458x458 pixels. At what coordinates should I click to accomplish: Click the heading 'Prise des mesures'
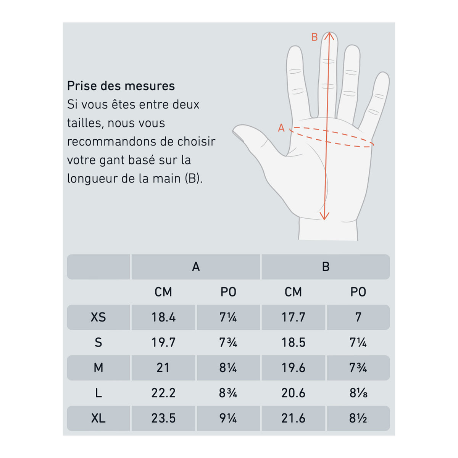pyautogui.click(x=121, y=86)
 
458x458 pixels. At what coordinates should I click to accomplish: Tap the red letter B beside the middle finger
pyautogui.click(x=314, y=37)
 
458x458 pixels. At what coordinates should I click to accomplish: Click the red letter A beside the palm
pyautogui.click(x=281, y=128)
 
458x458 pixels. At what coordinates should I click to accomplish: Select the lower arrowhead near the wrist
pyautogui.click(x=324, y=218)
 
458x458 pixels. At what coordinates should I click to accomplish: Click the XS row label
pyautogui.click(x=98, y=317)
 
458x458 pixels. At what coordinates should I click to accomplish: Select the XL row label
pyautogui.click(x=98, y=418)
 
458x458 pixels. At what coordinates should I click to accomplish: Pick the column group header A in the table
pyautogui.click(x=196, y=267)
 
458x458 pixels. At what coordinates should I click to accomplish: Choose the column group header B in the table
pyautogui.click(x=326, y=267)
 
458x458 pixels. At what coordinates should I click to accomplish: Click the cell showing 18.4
pyautogui.click(x=163, y=317)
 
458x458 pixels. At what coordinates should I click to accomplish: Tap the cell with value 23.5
pyautogui.click(x=163, y=418)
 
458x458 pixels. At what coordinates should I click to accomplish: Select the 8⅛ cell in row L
pyautogui.click(x=358, y=393)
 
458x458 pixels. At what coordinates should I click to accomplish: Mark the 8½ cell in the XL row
pyautogui.click(x=358, y=418)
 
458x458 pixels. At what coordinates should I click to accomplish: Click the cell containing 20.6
pyautogui.click(x=293, y=393)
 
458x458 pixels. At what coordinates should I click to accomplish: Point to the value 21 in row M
pyautogui.click(x=163, y=368)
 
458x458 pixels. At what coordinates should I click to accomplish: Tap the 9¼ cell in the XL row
pyautogui.click(x=228, y=418)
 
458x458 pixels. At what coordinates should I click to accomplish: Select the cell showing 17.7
pyautogui.click(x=293, y=317)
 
